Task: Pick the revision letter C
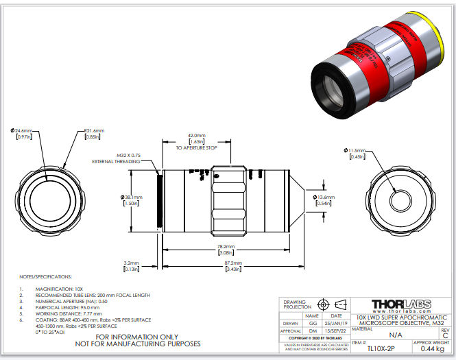pos(445,335)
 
